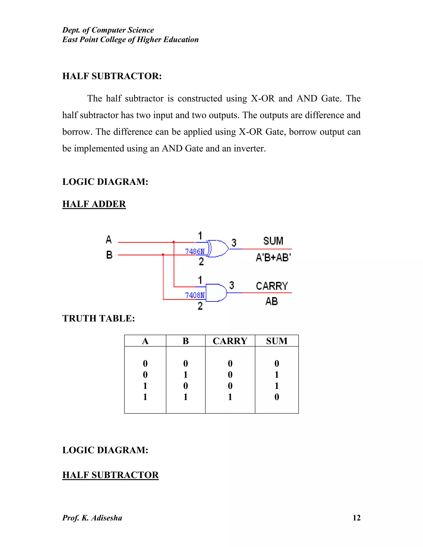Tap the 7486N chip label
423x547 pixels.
point(195,251)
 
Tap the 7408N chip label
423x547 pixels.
point(195,295)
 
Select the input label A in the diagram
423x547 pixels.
point(108,239)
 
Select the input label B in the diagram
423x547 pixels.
point(109,255)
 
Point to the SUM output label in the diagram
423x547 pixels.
point(273,241)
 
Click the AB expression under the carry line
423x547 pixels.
point(272,301)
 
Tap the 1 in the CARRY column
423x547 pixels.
point(230,397)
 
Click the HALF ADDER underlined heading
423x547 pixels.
point(94,204)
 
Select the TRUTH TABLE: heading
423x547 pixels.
point(99,318)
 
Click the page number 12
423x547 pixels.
point(356,518)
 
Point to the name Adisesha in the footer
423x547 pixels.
point(107,518)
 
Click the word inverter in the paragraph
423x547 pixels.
point(249,149)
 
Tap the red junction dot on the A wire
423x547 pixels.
point(174,242)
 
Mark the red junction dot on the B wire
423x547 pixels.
point(163,255)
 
